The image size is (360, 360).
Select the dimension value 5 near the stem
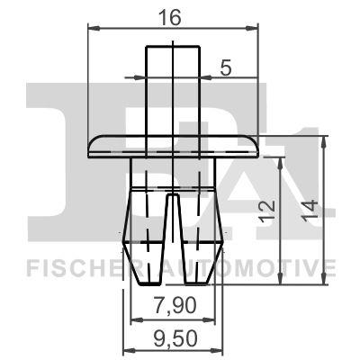point(226,66)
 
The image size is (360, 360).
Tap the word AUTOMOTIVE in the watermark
point(256,267)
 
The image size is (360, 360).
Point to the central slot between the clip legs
point(173,225)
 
